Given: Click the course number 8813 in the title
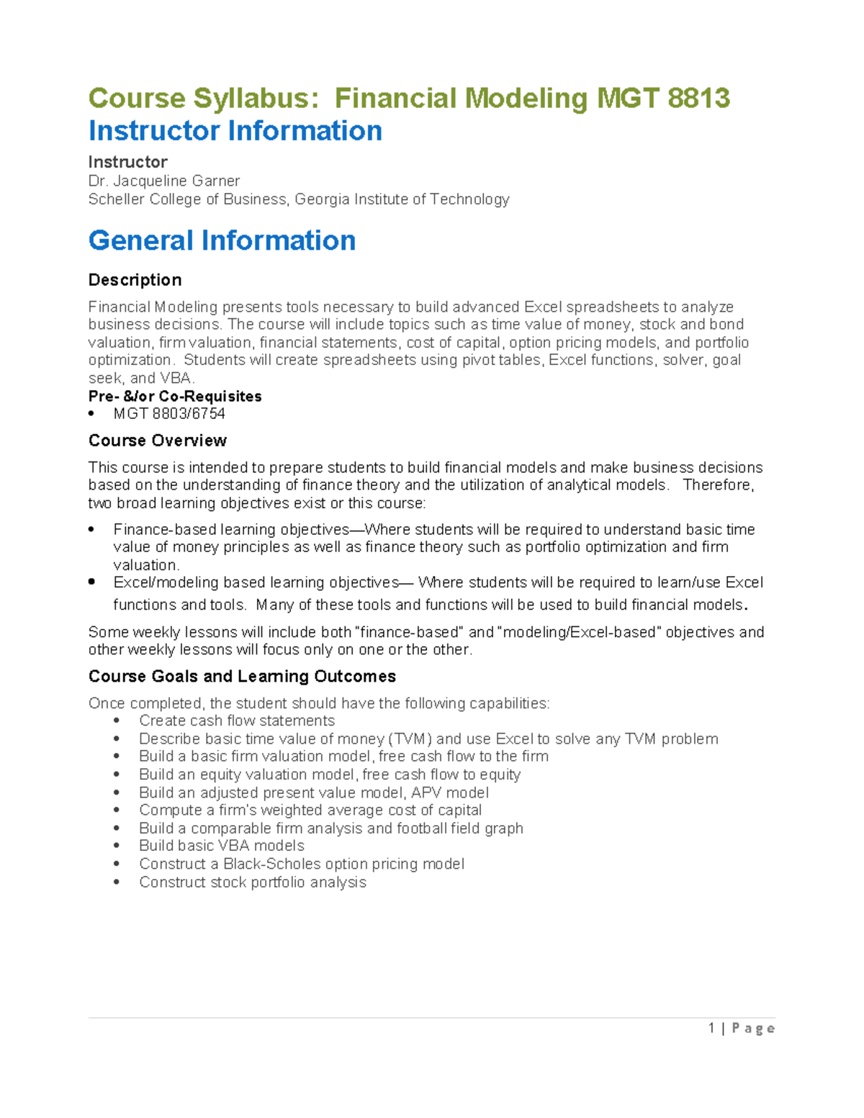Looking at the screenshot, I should (698, 98).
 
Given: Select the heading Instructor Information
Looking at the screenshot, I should (235, 131).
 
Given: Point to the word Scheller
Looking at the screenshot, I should (116, 199).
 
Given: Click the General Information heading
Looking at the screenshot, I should (222, 240).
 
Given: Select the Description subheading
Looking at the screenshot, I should (135, 280).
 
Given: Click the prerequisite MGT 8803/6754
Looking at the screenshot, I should (169, 413).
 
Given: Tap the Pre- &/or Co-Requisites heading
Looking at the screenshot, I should (175, 396).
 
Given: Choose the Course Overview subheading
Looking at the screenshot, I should (157, 441).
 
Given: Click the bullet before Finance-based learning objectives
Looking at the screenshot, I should (91, 530).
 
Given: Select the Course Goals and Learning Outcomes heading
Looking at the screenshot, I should (242, 677).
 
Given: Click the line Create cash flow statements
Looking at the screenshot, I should (237, 721).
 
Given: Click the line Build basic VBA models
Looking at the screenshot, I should (222, 846).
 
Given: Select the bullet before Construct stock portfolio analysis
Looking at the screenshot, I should (117, 883).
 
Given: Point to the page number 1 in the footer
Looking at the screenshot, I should (711, 1028).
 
